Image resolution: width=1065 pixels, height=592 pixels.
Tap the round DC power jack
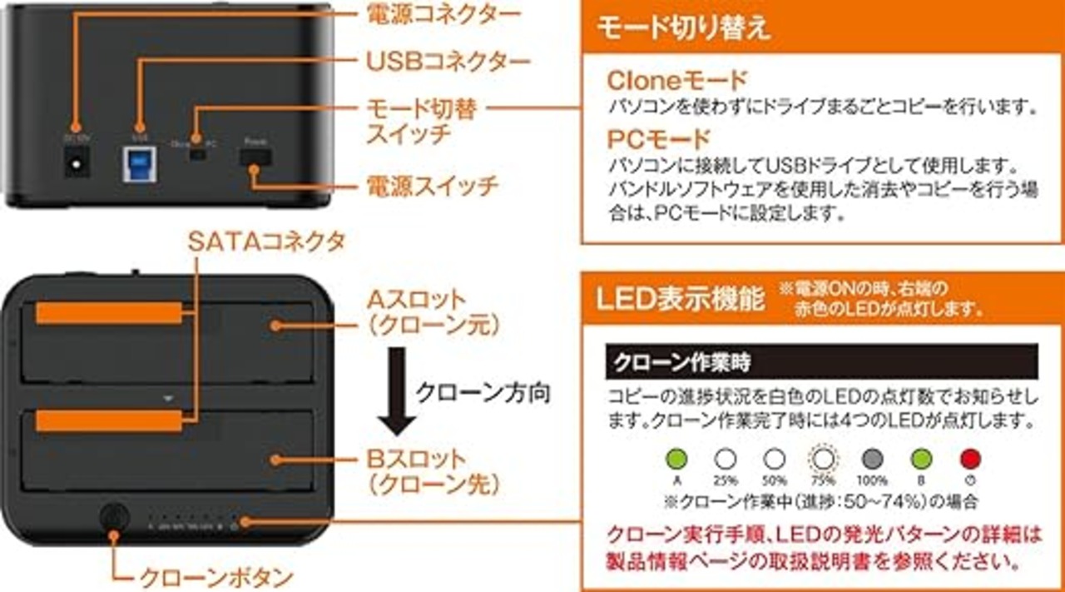tap(77, 163)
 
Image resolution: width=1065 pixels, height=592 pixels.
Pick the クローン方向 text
tap(483, 392)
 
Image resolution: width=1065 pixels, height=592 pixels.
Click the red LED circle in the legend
tap(970, 459)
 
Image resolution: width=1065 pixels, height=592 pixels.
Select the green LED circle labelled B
tap(921, 459)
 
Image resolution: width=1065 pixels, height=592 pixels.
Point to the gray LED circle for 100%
tap(872, 459)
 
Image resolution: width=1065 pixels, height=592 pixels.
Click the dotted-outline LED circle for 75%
tap(823, 459)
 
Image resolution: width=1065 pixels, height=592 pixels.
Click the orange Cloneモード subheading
tap(677, 81)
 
